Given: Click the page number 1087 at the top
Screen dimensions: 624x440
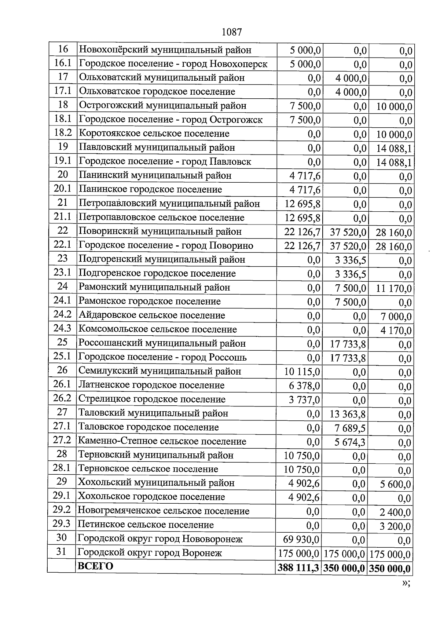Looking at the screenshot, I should click(232, 32).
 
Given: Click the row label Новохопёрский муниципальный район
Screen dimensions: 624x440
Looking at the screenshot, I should click(165, 50).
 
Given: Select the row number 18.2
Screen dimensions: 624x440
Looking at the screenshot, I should click(62, 133).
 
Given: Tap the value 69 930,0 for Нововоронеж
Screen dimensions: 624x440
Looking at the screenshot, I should click(301, 539).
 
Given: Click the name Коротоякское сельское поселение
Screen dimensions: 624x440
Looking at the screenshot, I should click(154, 134).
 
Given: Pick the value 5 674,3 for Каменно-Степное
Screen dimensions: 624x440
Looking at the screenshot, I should click(350, 442).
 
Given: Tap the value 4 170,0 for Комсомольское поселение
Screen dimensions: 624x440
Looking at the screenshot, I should click(396, 331).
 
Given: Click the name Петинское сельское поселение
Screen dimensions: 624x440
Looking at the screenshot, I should click(146, 525).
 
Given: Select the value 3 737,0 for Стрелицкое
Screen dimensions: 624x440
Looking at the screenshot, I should click(304, 400).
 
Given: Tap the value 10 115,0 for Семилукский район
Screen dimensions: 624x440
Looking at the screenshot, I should click(302, 372).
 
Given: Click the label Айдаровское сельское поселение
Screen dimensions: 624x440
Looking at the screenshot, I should click(152, 315).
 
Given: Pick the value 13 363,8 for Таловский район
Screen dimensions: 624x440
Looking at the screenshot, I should click(348, 414).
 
